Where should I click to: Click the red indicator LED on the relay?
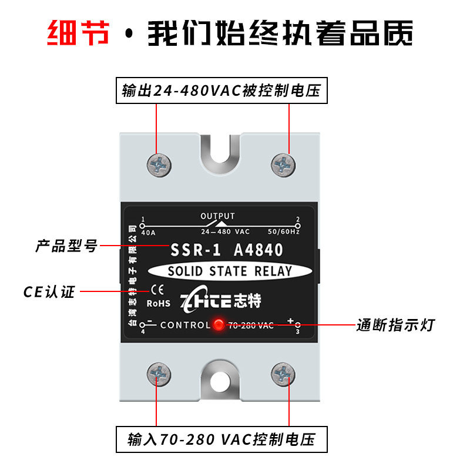coord(219,324)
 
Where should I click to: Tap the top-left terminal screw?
coord(159,165)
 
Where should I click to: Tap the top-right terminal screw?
coord(283,165)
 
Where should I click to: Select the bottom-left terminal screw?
coord(159,374)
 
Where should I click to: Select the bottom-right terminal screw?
coord(283,374)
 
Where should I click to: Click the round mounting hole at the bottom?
coord(220,382)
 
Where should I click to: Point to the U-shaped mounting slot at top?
coord(220,156)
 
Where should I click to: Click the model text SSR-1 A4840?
coord(227,250)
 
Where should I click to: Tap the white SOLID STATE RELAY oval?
coord(230,271)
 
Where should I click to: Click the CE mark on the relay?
coord(157,290)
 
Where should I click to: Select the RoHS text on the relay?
coord(158,303)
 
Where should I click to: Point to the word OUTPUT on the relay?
coord(217,216)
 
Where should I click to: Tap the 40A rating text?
coord(149,233)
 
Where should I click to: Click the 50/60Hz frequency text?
coord(284,231)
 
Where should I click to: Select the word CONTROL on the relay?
coord(185,325)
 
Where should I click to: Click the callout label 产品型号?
coord(66,246)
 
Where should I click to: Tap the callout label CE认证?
coord(49,291)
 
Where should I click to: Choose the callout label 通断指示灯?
coord(395,325)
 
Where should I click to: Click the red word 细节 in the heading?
coord(78,33)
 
